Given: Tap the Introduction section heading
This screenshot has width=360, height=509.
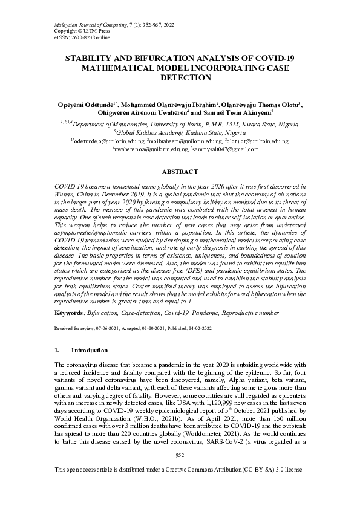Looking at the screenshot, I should [x=90, y=351].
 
